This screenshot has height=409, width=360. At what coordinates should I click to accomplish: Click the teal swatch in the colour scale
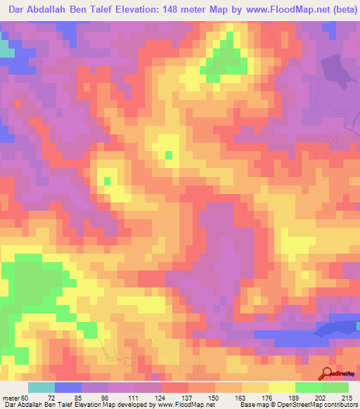coord(41,388)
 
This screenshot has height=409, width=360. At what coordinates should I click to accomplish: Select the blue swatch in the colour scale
coord(68,388)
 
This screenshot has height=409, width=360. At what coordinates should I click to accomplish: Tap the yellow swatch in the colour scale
coord(282,388)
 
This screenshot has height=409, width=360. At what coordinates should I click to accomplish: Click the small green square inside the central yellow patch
coord(168,154)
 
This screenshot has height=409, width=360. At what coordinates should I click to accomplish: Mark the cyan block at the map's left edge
coord(6,49)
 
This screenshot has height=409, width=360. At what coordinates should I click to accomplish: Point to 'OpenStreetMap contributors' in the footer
coord(313,404)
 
